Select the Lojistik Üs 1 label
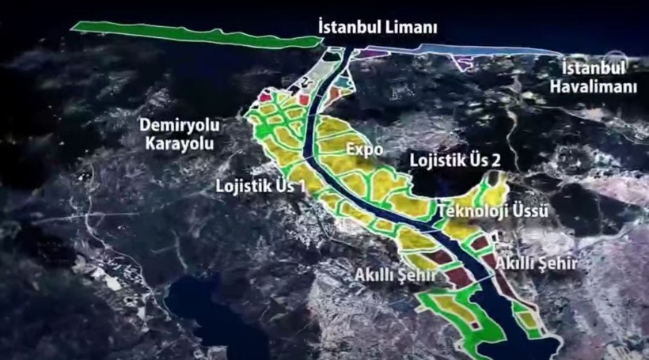pos(260,187)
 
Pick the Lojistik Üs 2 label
pos(455,159)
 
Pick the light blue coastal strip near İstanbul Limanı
pos(475,51)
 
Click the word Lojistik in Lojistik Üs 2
pos(437,159)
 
